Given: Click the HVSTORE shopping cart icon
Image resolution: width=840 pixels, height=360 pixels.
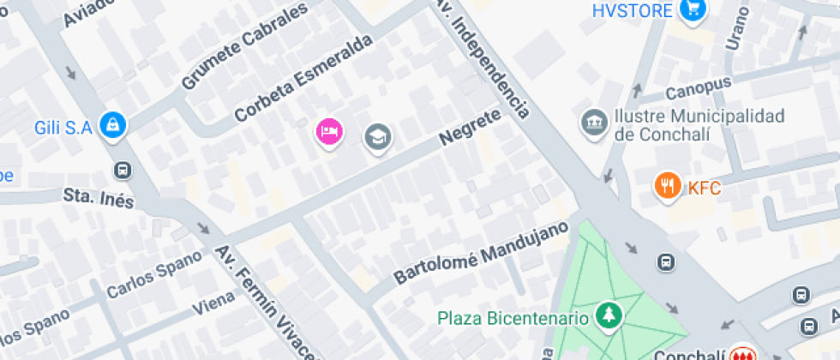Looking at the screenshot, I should pos(693,10).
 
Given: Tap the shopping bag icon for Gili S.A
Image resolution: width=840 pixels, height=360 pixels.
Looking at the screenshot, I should pos(112,126).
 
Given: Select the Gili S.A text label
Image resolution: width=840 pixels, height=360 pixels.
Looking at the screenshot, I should pos(63,129).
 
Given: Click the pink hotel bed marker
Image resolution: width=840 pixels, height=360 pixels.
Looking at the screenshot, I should pos(329,132).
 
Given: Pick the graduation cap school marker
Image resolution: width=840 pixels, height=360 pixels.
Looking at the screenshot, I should pos(377,135).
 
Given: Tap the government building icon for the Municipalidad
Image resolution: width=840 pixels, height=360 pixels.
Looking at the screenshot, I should pos(593,123).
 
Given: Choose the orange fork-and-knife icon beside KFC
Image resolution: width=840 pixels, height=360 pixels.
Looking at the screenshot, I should pos(666,185).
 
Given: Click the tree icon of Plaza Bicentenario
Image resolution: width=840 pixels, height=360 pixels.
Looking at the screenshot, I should pos(609,316).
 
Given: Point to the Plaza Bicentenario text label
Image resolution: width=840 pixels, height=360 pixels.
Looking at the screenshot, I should pos(513,318).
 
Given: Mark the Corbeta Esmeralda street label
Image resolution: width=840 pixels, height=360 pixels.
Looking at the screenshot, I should pos(304,77).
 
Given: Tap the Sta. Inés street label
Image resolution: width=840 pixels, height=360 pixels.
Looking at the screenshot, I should pos(99,198).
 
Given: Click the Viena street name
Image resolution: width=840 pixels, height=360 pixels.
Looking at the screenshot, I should pos(213,304).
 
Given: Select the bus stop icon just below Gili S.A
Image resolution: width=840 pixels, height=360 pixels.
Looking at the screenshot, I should pos(123,170).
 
